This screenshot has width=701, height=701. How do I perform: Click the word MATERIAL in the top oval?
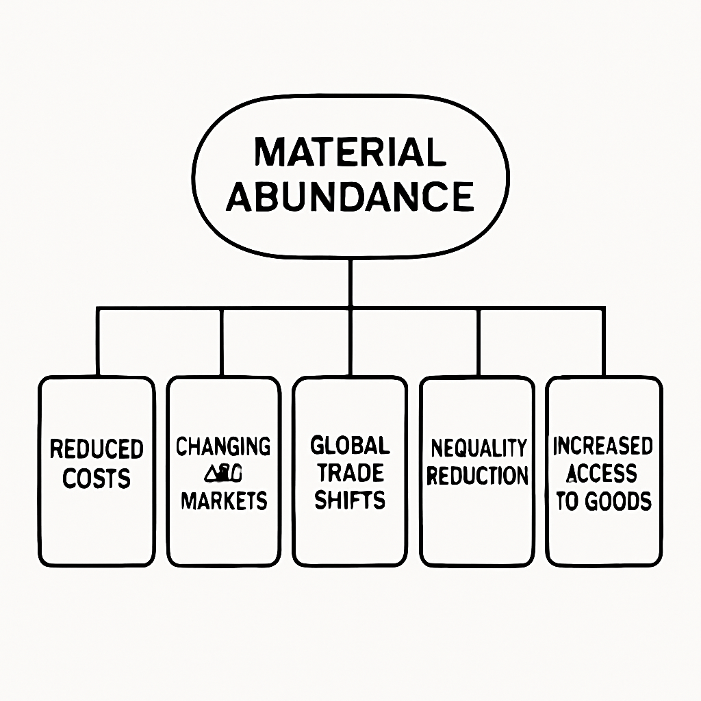pos(350,152)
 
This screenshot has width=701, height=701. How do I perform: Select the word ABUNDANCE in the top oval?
pos(350,196)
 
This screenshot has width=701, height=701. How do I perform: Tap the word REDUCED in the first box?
pos(97,450)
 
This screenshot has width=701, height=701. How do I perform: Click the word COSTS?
pos(97,479)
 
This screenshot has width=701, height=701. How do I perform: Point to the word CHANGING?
pos(223,446)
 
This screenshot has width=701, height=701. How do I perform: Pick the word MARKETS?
pos(223,500)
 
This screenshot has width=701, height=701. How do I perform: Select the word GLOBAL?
pos(350,446)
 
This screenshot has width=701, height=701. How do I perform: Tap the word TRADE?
pos(350,473)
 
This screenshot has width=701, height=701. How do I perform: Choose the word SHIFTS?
pos(350,500)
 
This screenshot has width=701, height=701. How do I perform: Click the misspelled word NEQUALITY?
pos(478,448)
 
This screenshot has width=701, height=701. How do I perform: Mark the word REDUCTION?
pos(478,476)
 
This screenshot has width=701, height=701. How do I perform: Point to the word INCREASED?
pos(603,446)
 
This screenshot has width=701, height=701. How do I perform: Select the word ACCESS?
pos(603,474)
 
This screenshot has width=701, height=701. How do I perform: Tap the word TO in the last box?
pos(568,501)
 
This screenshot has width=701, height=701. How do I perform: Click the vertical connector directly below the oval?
pos(350,282)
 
